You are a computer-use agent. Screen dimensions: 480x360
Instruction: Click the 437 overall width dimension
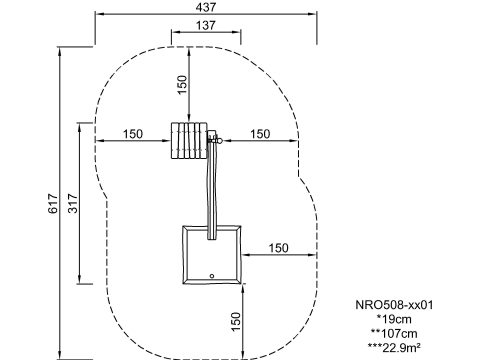tap(206, 7)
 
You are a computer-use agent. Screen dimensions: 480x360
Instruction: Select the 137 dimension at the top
tap(206, 25)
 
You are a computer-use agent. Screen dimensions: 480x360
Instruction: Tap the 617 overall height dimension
tap(53, 203)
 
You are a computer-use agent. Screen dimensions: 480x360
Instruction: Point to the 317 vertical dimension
tap(73, 203)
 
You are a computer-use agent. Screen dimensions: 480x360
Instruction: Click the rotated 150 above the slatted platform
tap(182, 85)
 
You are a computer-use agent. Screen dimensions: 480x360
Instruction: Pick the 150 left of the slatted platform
tap(133, 134)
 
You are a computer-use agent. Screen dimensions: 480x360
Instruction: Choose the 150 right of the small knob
tap(260, 134)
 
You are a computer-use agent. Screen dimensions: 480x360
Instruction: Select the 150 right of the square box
tap(279, 248)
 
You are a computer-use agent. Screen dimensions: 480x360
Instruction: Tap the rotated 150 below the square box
tap(236, 322)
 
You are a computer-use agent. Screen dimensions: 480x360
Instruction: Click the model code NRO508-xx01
tap(394, 305)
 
